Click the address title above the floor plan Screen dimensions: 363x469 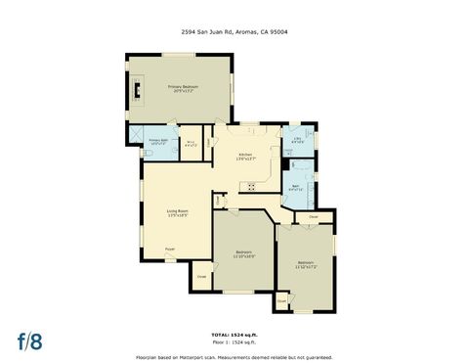(234, 31)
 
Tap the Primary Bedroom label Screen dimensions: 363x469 (182, 89)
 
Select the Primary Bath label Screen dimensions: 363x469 (159, 143)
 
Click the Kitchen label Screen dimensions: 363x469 (247, 157)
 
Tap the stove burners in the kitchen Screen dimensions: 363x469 (251, 187)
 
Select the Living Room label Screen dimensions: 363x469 (177, 213)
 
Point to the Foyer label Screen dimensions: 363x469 (170, 250)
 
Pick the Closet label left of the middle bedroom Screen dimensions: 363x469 (200, 277)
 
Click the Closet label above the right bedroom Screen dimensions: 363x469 (313, 216)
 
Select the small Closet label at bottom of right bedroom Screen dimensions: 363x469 (281, 301)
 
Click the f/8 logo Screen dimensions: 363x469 (29, 341)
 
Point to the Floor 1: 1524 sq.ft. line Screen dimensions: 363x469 (234, 343)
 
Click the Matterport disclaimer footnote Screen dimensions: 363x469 (234, 357)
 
